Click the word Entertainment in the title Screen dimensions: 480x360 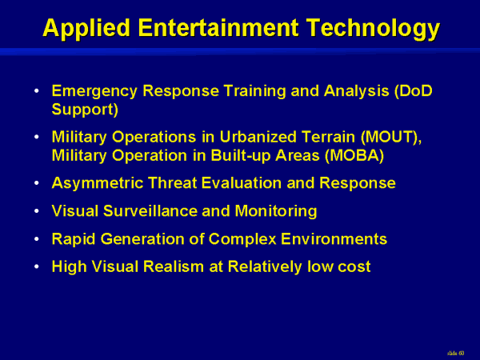point(218,28)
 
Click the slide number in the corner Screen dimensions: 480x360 point(455,354)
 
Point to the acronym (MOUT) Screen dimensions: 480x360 point(391,137)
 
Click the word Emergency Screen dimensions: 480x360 point(94,91)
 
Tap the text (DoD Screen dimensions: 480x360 point(414,91)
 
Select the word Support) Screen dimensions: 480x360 point(85,110)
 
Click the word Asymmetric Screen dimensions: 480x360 point(98,183)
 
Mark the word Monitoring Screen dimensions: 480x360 point(276,211)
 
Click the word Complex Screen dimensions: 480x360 point(242,239)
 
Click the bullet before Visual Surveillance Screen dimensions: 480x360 point(37,211)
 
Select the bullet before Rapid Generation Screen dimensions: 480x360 point(37,238)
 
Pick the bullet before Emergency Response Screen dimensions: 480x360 point(37,91)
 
